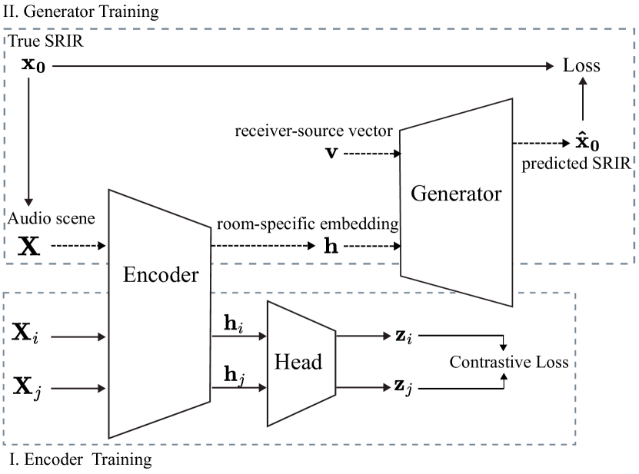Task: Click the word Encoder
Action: [x=161, y=275]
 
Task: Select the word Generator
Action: [x=456, y=193]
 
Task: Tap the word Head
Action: [x=298, y=362]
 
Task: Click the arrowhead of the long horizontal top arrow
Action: [x=550, y=67]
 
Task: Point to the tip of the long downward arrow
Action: [x=28, y=204]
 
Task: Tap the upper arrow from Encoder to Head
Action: [x=238, y=336]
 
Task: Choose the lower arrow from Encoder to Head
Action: [x=238, y=388]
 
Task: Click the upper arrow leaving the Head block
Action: [x=364, y=336]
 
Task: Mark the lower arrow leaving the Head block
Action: [x=364, y=387]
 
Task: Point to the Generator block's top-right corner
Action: [x=512, y=99]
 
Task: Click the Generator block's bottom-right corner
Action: [x=512, y=306]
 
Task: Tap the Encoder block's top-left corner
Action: [x=109, y=191]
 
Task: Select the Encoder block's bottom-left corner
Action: [x=109, y=437]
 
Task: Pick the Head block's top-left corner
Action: [x=268, y=301]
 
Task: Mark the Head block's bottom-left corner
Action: [x=268, y=425]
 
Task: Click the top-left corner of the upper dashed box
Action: [x=4, y=30]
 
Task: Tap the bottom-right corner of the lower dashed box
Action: [x=576, y=444]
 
